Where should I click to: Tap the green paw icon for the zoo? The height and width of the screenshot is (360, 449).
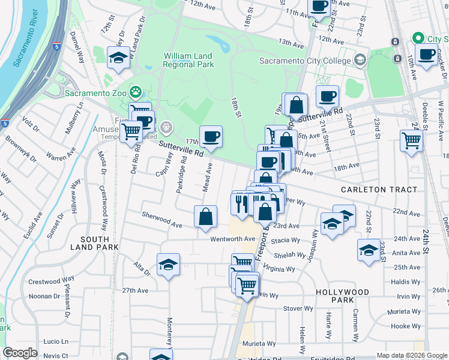[137, 93]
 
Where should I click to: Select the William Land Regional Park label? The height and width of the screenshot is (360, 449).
[188, 59]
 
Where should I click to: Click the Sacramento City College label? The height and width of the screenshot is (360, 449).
[304, 61]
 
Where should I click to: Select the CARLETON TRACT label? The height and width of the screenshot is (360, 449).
[379, 190]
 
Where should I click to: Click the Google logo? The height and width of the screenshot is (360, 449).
[20, 353]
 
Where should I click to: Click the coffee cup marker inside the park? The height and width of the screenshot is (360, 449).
[211, 137]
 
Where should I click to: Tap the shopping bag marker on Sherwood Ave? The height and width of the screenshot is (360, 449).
[205, 217]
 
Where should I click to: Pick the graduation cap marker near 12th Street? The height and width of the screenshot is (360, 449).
[118, 58]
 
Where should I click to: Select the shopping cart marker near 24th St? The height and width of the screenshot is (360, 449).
[412, 141]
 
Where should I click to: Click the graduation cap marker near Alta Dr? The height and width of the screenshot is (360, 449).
[169, 265]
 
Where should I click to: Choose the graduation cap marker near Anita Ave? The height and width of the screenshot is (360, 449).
[369, 250]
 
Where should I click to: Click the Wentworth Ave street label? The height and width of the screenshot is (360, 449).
[234, 239]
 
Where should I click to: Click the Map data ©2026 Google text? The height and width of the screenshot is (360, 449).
[412, 355]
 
